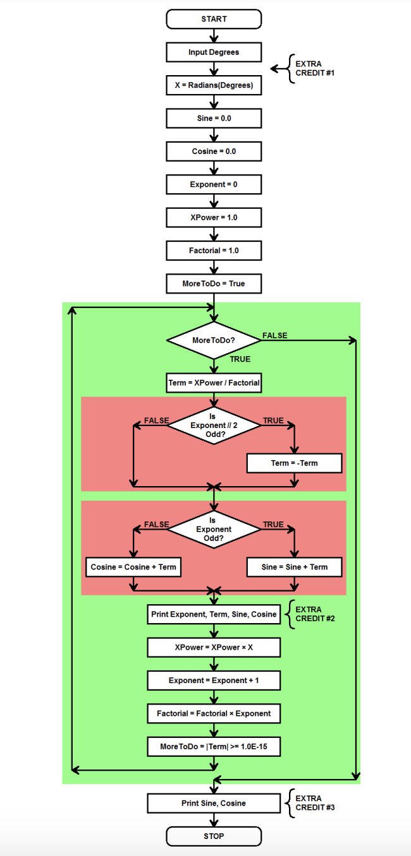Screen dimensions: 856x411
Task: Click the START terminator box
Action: (214, 19)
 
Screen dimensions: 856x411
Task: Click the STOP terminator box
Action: (214, 836)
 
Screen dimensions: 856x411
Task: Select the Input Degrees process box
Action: (214, 52)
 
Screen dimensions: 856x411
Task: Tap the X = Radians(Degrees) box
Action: (214, 85)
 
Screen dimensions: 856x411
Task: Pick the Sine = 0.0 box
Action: (214, 118)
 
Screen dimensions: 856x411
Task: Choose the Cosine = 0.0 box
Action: (214, 152)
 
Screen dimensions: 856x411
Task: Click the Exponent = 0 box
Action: (214, 184)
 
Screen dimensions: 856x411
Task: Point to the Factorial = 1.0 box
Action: (214, 251)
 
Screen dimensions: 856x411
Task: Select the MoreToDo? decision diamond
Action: (214, 340)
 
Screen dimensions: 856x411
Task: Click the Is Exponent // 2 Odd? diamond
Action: (214, 425)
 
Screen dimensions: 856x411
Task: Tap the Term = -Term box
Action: (294, 463)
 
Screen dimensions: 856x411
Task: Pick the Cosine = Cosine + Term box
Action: (133, 567)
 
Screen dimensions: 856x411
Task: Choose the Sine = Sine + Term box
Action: (294, 567)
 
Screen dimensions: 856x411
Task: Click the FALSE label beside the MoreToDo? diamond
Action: (274, 335)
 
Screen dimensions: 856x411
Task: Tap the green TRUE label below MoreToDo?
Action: (240, 359)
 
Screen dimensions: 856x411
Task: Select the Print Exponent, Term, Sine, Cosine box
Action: (214, 614)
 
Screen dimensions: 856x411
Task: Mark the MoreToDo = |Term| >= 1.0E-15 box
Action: (214, 747)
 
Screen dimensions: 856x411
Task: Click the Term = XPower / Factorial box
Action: (214, 383)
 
